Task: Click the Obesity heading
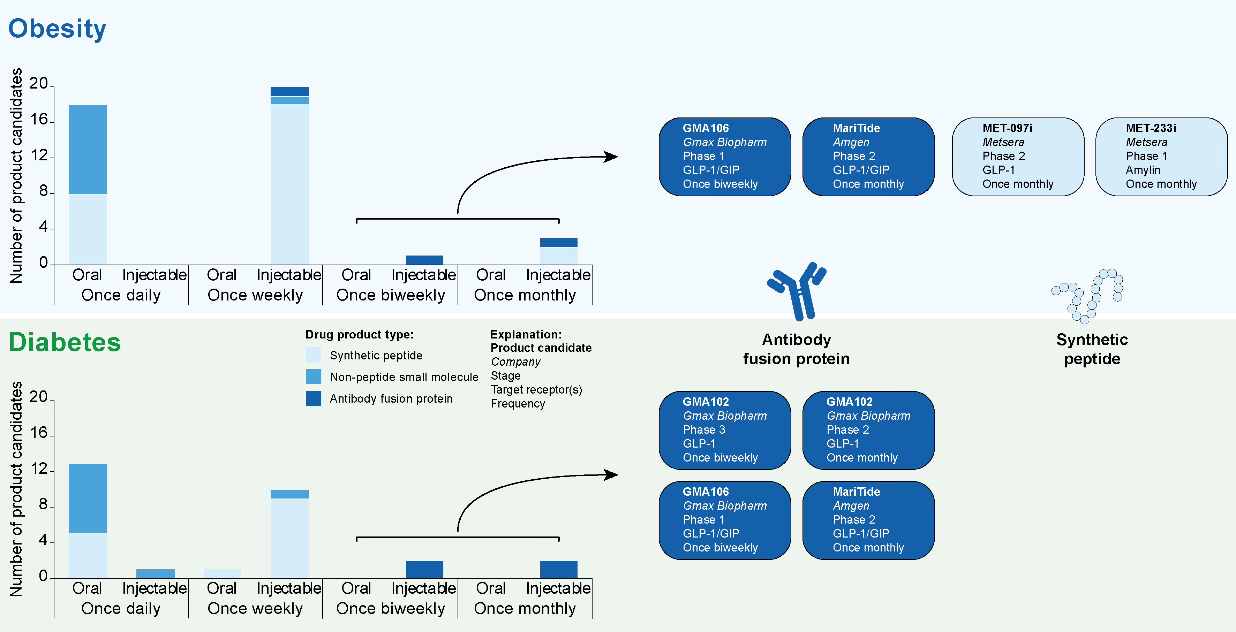tap(57, 29)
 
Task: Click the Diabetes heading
tap(65, 342)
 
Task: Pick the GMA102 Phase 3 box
tap(724, 430)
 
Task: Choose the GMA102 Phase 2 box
tap(868, 430)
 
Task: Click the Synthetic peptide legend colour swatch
tap(313, 355)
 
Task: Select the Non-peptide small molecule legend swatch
tap(313, 377)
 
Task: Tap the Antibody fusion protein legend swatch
tap(313, 398)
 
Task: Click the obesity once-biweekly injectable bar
tap(424, 260)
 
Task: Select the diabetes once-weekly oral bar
tap(223, 573)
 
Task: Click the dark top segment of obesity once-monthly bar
tap(558, 242)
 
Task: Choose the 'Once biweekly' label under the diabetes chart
tap(391, 609)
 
